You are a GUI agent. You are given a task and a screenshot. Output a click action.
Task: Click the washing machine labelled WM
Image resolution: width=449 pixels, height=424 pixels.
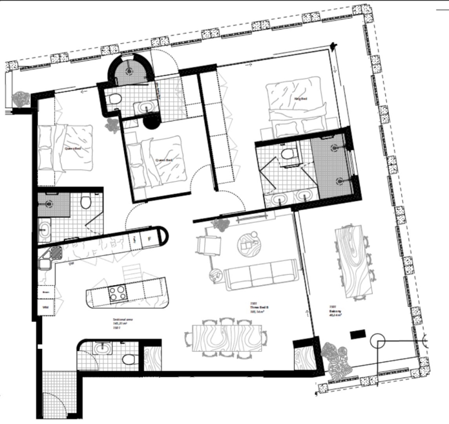(x=45, y=306)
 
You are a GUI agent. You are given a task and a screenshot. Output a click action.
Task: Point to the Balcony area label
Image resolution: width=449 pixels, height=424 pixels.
(x=335, y=313)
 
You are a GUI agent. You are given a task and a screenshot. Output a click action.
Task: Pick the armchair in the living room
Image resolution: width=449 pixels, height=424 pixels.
(x=209, y=245)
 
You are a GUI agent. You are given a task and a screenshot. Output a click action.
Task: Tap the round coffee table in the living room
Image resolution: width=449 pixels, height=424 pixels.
(x=248, y=243)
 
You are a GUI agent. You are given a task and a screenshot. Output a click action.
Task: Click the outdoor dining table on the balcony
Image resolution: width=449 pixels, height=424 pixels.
(x=356, y=261)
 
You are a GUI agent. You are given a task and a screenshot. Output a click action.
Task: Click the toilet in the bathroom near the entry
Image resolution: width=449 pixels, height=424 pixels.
(x=129, y=359)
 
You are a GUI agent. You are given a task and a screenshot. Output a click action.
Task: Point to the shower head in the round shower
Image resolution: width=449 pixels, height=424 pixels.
(x=129, y=70)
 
